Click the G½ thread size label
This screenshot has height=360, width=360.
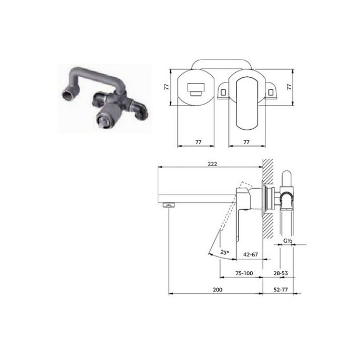tap(287, 242)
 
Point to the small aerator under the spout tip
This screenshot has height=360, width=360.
tap(169, 205)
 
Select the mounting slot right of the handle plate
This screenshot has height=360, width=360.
tap(272, 91)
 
